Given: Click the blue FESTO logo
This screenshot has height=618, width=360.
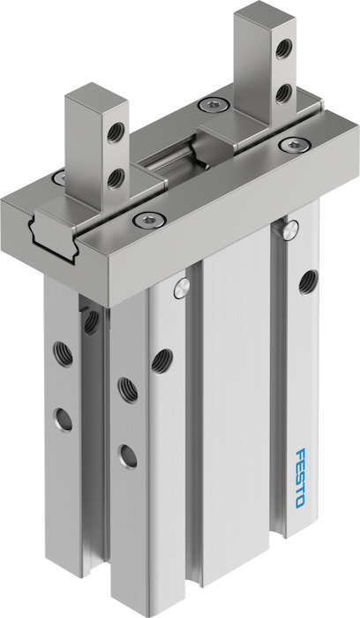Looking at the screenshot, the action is [300, 479].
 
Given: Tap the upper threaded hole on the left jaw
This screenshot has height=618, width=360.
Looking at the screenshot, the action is [116, 133].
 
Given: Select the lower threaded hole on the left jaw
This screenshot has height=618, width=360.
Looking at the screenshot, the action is [116, 179].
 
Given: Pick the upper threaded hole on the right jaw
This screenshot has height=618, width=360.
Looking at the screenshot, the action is [283, 49].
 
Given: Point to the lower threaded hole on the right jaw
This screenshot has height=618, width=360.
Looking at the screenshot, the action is [283, 94].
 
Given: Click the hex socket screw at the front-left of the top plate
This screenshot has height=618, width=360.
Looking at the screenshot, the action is [149, 220].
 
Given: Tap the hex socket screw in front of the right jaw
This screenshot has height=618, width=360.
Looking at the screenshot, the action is [295, 144].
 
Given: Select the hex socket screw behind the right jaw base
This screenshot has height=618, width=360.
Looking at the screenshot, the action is [214, 105].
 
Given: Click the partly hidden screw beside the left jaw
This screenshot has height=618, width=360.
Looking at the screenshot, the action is [60, 177].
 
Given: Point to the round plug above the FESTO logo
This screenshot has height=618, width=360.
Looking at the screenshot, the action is [290, 229].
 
